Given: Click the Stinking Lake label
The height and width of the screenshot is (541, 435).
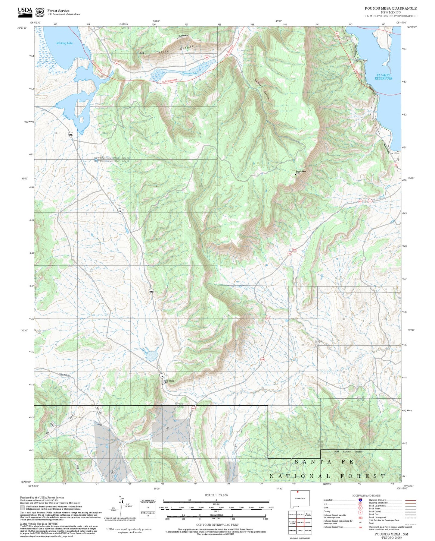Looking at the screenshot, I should pos(64,43).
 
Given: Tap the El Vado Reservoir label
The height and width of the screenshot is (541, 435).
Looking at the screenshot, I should pos(383,77).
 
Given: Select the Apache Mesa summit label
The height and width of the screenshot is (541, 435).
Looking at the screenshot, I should pos(183,36).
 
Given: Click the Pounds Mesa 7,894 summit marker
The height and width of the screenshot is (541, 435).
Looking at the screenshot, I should pos(295,174).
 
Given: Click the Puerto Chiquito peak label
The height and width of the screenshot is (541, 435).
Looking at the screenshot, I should pos(169,381).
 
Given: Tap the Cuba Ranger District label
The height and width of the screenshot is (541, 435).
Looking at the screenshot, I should pos(349,452).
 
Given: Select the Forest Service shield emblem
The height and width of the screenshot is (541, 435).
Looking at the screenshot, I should pos(39,12).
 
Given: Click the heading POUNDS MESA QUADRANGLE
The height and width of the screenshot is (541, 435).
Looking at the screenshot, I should pos(391,8).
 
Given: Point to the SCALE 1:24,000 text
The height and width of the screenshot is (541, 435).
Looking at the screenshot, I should pos(216,495).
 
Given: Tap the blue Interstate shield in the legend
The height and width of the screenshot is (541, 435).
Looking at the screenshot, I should pos(360,500).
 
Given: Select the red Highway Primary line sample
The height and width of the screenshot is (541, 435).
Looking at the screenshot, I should pos(410,500).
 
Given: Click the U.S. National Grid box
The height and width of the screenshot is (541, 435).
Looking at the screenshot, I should pos(148,508).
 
